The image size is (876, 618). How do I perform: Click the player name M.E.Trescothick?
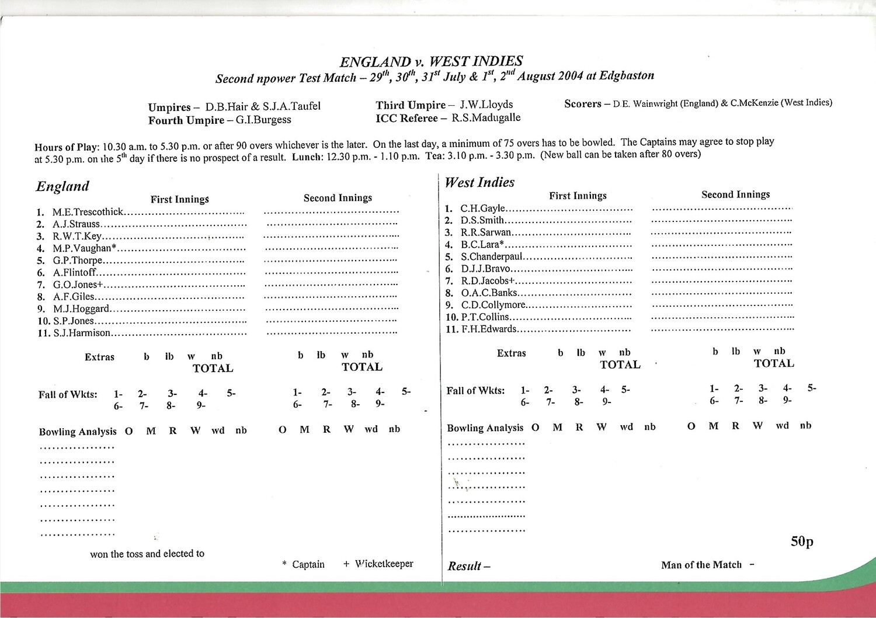click(x=88, y=212)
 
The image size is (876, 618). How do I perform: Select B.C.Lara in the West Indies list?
click(x=481, y=245)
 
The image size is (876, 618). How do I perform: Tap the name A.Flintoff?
click(x=75, y=273)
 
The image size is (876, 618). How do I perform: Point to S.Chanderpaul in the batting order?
click(x=492, y=257)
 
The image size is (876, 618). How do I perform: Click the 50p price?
click(x=802, y=541)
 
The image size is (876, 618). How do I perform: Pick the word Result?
click(x=465, y=566)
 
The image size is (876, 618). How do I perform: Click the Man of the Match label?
click(x=701, y=565)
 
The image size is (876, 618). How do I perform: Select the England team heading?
click(x=62, y=186)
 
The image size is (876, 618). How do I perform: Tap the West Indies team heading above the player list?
click(x=479, y=182)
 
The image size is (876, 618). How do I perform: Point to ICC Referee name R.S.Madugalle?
click(x=486, y=117)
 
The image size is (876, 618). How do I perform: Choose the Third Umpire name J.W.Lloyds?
click(x=486, y=105)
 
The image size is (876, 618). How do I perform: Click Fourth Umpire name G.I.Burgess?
click(x=263, y=120)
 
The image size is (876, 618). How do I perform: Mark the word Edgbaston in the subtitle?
click(x=627, y=75)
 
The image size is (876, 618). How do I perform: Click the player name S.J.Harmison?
click(x=82, y=333)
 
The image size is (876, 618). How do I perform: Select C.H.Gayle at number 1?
click(x=482, y=209)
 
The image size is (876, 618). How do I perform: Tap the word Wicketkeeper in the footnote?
click(x=384, y=564)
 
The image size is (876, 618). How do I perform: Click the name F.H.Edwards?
click(x=489, y=329)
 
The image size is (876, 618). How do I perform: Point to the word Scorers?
click(x=582, y=104)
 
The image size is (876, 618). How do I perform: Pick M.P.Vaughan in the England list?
click(x=84, y=248)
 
